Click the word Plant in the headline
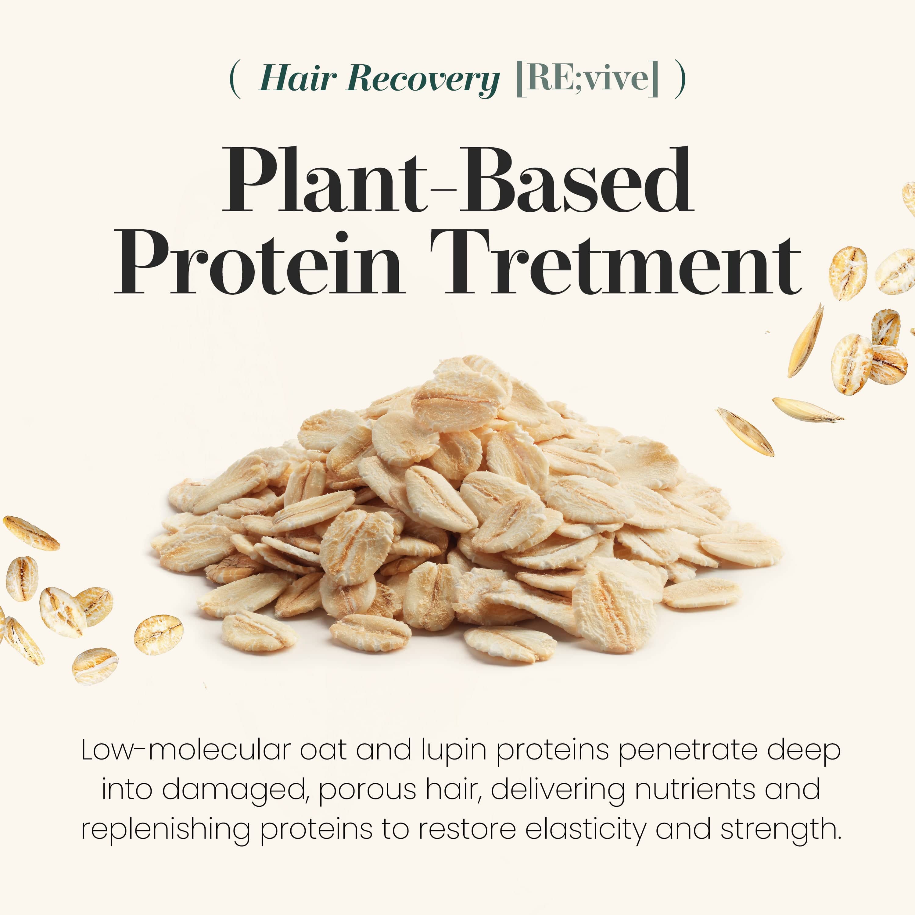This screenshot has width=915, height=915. pyautogui.click(x=325, y=180)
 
